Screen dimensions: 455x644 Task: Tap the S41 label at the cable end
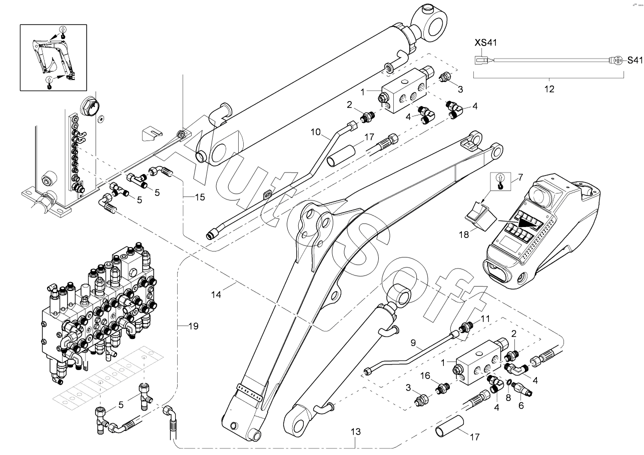(x=634, y=60)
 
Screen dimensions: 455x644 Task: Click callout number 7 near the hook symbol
(x=520, y=176)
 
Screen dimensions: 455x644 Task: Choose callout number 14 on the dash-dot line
(x=216, y=295)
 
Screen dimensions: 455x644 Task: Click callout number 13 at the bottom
(x=356, y=431)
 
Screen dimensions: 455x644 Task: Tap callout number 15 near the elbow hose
(x=200, y=197)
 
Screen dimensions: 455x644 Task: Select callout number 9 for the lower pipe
(x=413, y=343)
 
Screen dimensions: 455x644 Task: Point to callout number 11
(x=485, y=318)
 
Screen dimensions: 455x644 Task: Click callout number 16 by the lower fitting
(x=425, y=375)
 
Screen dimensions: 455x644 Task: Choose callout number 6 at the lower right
(x=520, y=406)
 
